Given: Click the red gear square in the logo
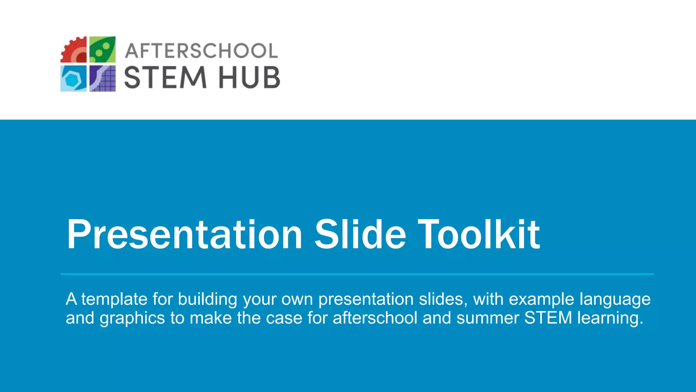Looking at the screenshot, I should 74,50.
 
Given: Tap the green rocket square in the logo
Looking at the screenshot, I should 102,50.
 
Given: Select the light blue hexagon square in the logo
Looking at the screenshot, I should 73,79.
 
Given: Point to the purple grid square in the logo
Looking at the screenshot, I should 102,79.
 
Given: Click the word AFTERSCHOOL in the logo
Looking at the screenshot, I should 202,51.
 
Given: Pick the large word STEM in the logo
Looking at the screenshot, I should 166,78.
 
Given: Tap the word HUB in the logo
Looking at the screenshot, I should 249,78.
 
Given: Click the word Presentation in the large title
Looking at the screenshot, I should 185,235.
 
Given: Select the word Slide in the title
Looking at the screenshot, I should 360,235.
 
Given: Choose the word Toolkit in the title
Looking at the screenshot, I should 478,235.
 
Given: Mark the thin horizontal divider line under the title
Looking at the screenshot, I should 357,274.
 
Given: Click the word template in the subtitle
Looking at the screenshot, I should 114,299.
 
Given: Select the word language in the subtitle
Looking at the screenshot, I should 615,299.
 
